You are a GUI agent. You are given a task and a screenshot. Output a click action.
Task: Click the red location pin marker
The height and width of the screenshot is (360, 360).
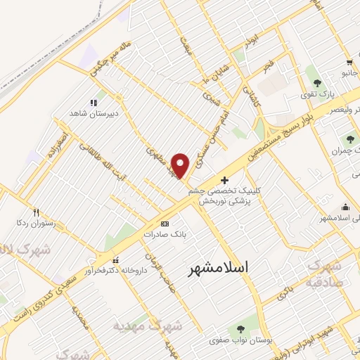[x=181, y=165]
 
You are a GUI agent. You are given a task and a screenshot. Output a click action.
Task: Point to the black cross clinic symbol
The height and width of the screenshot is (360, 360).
[x=224, y=181]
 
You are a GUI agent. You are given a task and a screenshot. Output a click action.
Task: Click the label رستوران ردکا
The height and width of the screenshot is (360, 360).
[x=37, y=222]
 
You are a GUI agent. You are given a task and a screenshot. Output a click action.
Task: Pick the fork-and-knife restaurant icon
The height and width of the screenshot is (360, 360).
[x=36, y=211]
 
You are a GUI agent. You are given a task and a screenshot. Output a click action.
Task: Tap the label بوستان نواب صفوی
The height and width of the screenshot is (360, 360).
[x=241, y=340]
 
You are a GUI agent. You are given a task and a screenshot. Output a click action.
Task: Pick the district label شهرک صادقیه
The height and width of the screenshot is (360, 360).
[x=325, y=275]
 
